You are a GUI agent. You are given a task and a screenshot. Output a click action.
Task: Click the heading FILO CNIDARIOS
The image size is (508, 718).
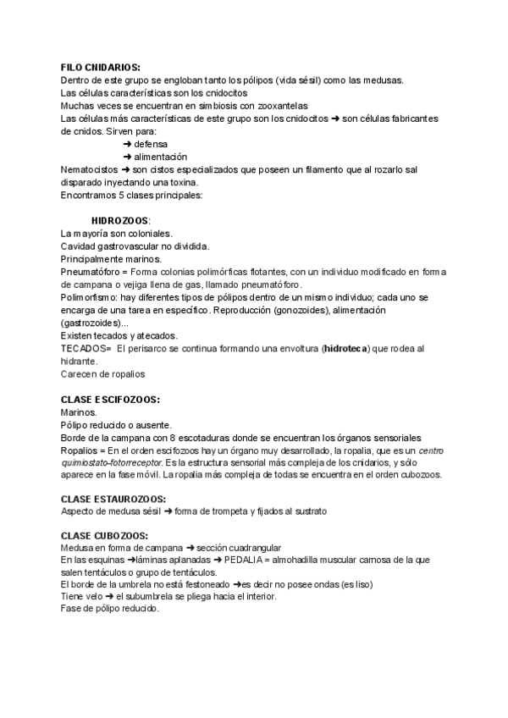[101, 67]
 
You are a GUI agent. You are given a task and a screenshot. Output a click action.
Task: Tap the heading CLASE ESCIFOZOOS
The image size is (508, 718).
[110, 400]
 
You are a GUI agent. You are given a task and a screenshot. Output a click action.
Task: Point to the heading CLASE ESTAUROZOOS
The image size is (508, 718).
[113, 499]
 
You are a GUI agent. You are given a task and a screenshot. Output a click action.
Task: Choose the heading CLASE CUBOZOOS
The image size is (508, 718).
[104, 536]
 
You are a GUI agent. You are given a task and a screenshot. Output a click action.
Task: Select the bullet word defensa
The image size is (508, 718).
[150, 144]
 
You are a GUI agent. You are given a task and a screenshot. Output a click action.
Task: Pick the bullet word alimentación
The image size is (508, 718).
[160, 157]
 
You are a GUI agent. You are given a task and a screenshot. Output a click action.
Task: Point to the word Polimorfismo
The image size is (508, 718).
[91, 298]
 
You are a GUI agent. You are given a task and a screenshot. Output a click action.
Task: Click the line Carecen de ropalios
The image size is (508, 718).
[103, 373]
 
